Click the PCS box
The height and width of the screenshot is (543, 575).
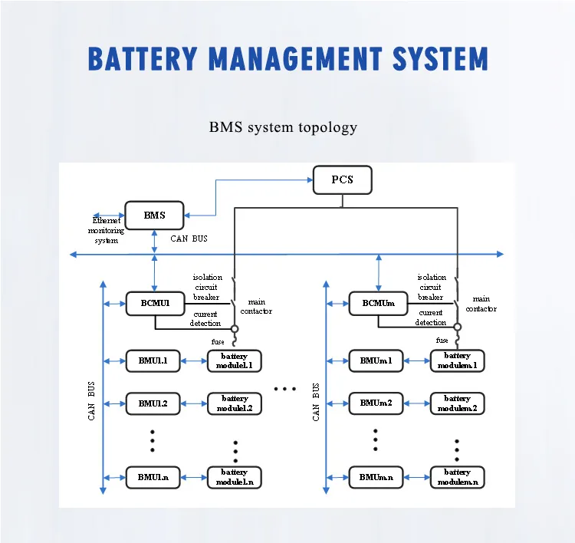click(342, 180)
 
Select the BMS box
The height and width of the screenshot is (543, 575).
click(154, 216)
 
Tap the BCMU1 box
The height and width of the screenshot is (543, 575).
click(154, 303)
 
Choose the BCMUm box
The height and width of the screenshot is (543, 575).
click(378, 303)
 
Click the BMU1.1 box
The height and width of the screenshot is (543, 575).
click(154, 360)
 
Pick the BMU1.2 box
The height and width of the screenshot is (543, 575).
click(154, 403)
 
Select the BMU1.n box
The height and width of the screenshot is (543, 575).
click(154, 477)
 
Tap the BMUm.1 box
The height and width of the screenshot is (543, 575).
click(376, 360)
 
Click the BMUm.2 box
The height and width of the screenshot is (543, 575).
click(376, 403)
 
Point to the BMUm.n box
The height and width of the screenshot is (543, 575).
click(376, 477)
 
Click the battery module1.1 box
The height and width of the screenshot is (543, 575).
click(235, 360)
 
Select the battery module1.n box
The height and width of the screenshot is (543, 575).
click(235, 477)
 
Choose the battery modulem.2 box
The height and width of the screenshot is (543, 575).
click(457, 403)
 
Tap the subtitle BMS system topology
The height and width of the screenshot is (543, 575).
click(283, 127)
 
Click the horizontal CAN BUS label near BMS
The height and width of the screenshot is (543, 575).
click(189, 239)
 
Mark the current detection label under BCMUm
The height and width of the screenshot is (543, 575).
click(431, 318)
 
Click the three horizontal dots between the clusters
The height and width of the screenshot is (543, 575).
click(284, 390)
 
